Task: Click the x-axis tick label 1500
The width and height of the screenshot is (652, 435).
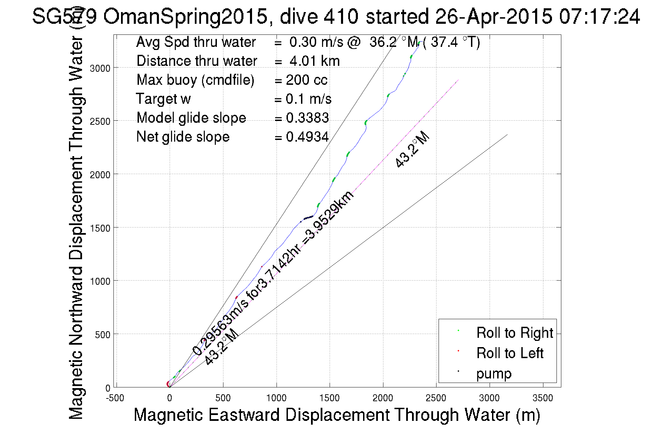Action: tap(329, 398)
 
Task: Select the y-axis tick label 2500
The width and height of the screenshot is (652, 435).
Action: tap(100, 122)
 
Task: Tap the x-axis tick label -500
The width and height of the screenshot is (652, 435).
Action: tap(115, 398)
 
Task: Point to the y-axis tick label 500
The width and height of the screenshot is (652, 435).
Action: tap(102, 335)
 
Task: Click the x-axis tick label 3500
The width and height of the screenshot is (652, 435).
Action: tap(543, 398)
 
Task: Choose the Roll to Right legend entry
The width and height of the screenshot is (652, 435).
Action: tap(514, 333)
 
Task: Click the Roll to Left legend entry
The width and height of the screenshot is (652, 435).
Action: tap(510, 353)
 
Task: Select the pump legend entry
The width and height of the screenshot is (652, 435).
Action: tap(494, 373)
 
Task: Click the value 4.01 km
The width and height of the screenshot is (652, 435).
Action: tap(314, 61)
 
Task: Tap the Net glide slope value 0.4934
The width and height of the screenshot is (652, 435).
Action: tap(307, 137)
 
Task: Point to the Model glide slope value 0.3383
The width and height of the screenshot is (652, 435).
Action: tap(307, 118)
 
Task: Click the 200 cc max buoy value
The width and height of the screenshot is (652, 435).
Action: tap(307, 80)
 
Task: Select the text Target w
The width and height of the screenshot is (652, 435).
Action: tap(163, 99)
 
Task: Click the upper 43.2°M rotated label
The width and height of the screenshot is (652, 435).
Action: tap(412, 150)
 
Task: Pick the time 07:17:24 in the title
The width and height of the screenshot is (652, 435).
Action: tap(599, 16)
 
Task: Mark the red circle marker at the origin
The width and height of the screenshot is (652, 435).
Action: tap(169, 384)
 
